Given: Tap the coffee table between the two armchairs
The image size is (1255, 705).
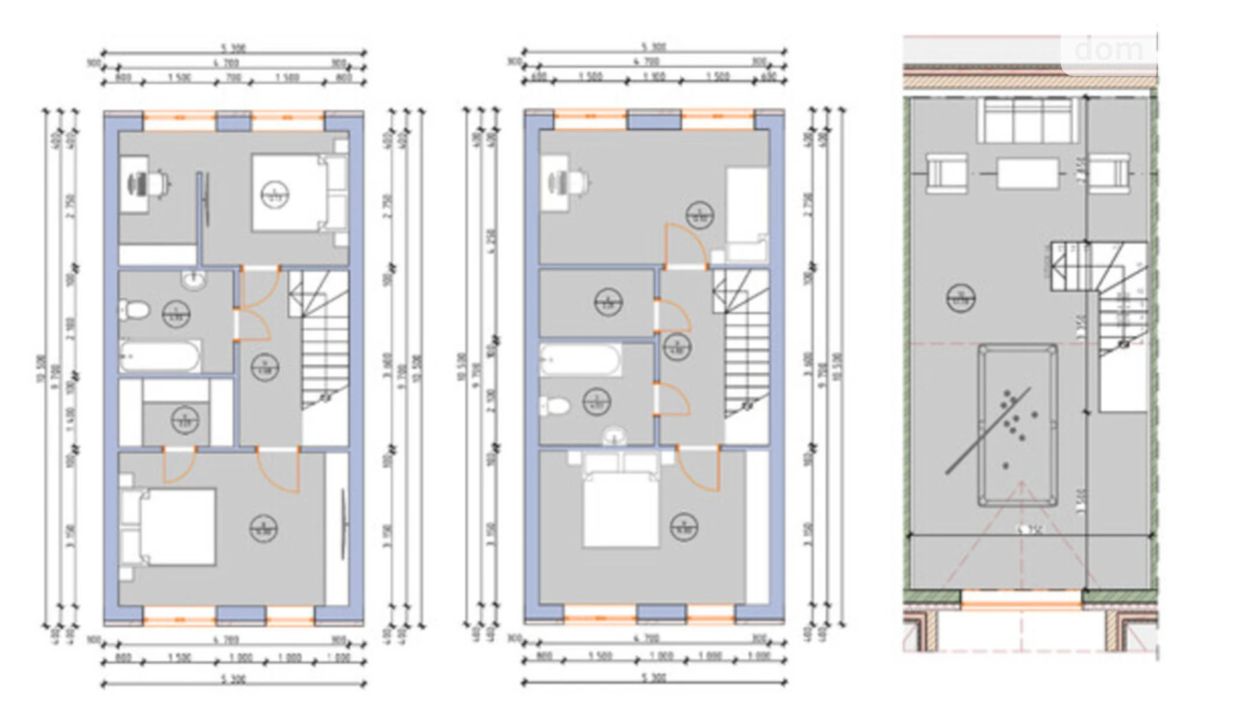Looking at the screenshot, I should pos(1028,174).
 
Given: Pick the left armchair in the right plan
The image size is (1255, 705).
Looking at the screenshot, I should pos(946,174).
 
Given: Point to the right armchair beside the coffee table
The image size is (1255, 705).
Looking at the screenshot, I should pos(1110,173).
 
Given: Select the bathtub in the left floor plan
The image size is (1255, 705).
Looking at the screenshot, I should pos(161,356).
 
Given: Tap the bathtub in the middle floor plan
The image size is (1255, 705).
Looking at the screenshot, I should pos(580,360).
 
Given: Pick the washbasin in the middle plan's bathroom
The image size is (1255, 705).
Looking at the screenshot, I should pos(615,435).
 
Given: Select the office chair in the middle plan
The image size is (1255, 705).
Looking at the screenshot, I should pos(579,182).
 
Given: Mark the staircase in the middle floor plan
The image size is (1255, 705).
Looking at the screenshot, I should pos(745,352).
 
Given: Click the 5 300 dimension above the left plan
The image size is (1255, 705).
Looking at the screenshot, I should pos(233,49).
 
